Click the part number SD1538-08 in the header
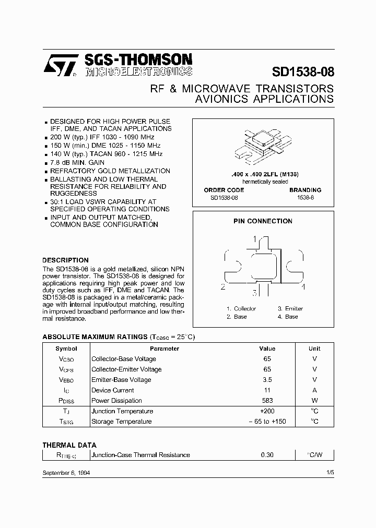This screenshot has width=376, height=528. point(303,71)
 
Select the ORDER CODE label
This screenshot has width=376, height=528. point(224,190)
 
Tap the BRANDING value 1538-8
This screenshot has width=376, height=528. point(305,198)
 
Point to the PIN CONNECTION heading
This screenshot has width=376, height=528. point(262,221)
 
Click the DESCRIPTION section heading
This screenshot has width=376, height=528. point(65,260)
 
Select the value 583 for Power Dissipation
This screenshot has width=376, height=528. point(267,401)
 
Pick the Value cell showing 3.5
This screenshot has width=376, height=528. point(267,380)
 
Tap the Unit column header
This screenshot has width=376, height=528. point(314,349)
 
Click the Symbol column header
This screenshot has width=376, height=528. point(66,349)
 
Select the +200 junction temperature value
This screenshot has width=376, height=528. point(267,411)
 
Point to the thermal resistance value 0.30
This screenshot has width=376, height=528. point(267,455)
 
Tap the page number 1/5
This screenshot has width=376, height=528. point(330,472)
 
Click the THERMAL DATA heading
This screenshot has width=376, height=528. point(69,445)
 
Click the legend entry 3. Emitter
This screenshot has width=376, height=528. point(290,309)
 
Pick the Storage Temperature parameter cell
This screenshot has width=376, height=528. point(121,422)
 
